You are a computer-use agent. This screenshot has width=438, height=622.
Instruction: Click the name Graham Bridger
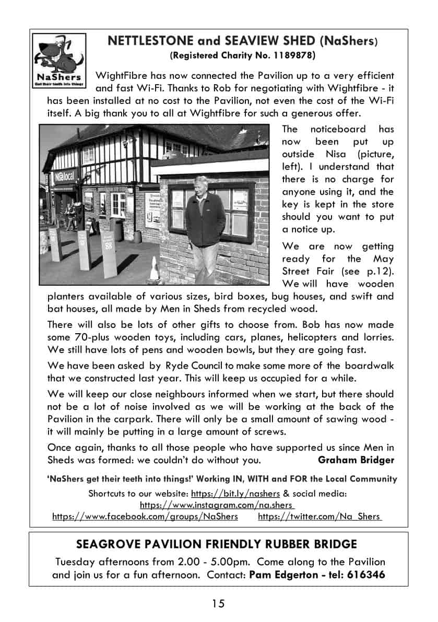[356, 460]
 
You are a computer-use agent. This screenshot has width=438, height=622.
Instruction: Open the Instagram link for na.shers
[217, 505]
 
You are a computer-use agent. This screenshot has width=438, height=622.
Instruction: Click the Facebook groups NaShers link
[145, 517]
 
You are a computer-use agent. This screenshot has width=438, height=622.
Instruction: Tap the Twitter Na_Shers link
[319, 517]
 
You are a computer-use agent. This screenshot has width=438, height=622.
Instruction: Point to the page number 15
[218, 604]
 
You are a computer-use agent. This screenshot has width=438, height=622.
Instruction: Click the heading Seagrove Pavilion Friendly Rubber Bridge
[217, 545]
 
